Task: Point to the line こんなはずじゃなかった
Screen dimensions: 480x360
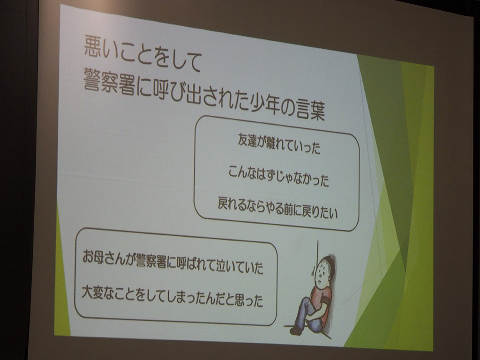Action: [278, 176]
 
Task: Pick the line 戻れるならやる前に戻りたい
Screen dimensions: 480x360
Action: [277, 208]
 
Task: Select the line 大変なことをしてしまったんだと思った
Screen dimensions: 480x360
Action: [172, 296]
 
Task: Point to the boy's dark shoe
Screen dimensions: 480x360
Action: [296, 330]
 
